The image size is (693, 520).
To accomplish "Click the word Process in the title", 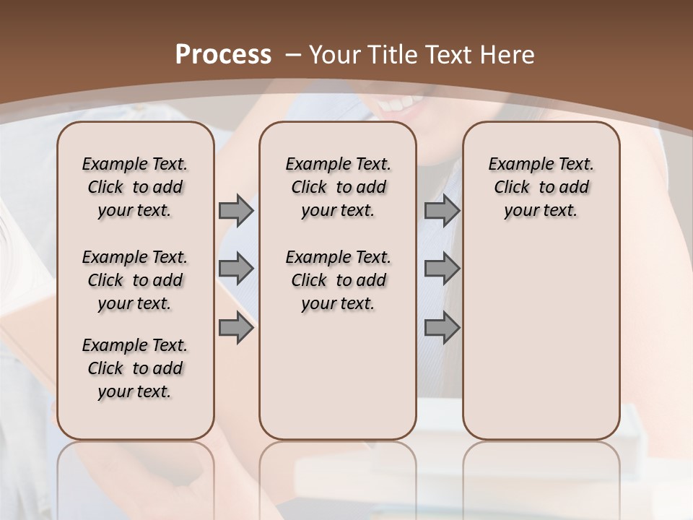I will [x=224, y=55].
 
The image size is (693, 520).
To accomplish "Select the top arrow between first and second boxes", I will [x=236, y=210].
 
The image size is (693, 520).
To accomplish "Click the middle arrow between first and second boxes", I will [x=236, y=269].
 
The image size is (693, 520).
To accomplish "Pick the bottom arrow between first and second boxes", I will [x=236, y=328].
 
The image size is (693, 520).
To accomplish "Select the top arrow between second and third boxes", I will [x=442, y=210].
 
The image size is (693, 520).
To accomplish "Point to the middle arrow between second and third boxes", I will [x=442, y=269].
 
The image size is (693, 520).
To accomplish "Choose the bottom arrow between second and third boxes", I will [x=442, y=328].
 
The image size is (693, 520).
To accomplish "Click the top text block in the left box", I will [x=135, y=187].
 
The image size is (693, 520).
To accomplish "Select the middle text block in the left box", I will [x=135, y=280].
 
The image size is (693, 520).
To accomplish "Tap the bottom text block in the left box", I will [x=135, y=368].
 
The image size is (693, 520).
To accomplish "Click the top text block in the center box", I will [x=338, y=187].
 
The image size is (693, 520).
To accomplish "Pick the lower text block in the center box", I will [x=338, y=280].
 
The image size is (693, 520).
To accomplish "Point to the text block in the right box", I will [x=541, y=187].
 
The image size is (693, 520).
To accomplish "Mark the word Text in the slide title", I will [x=446, y=55].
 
